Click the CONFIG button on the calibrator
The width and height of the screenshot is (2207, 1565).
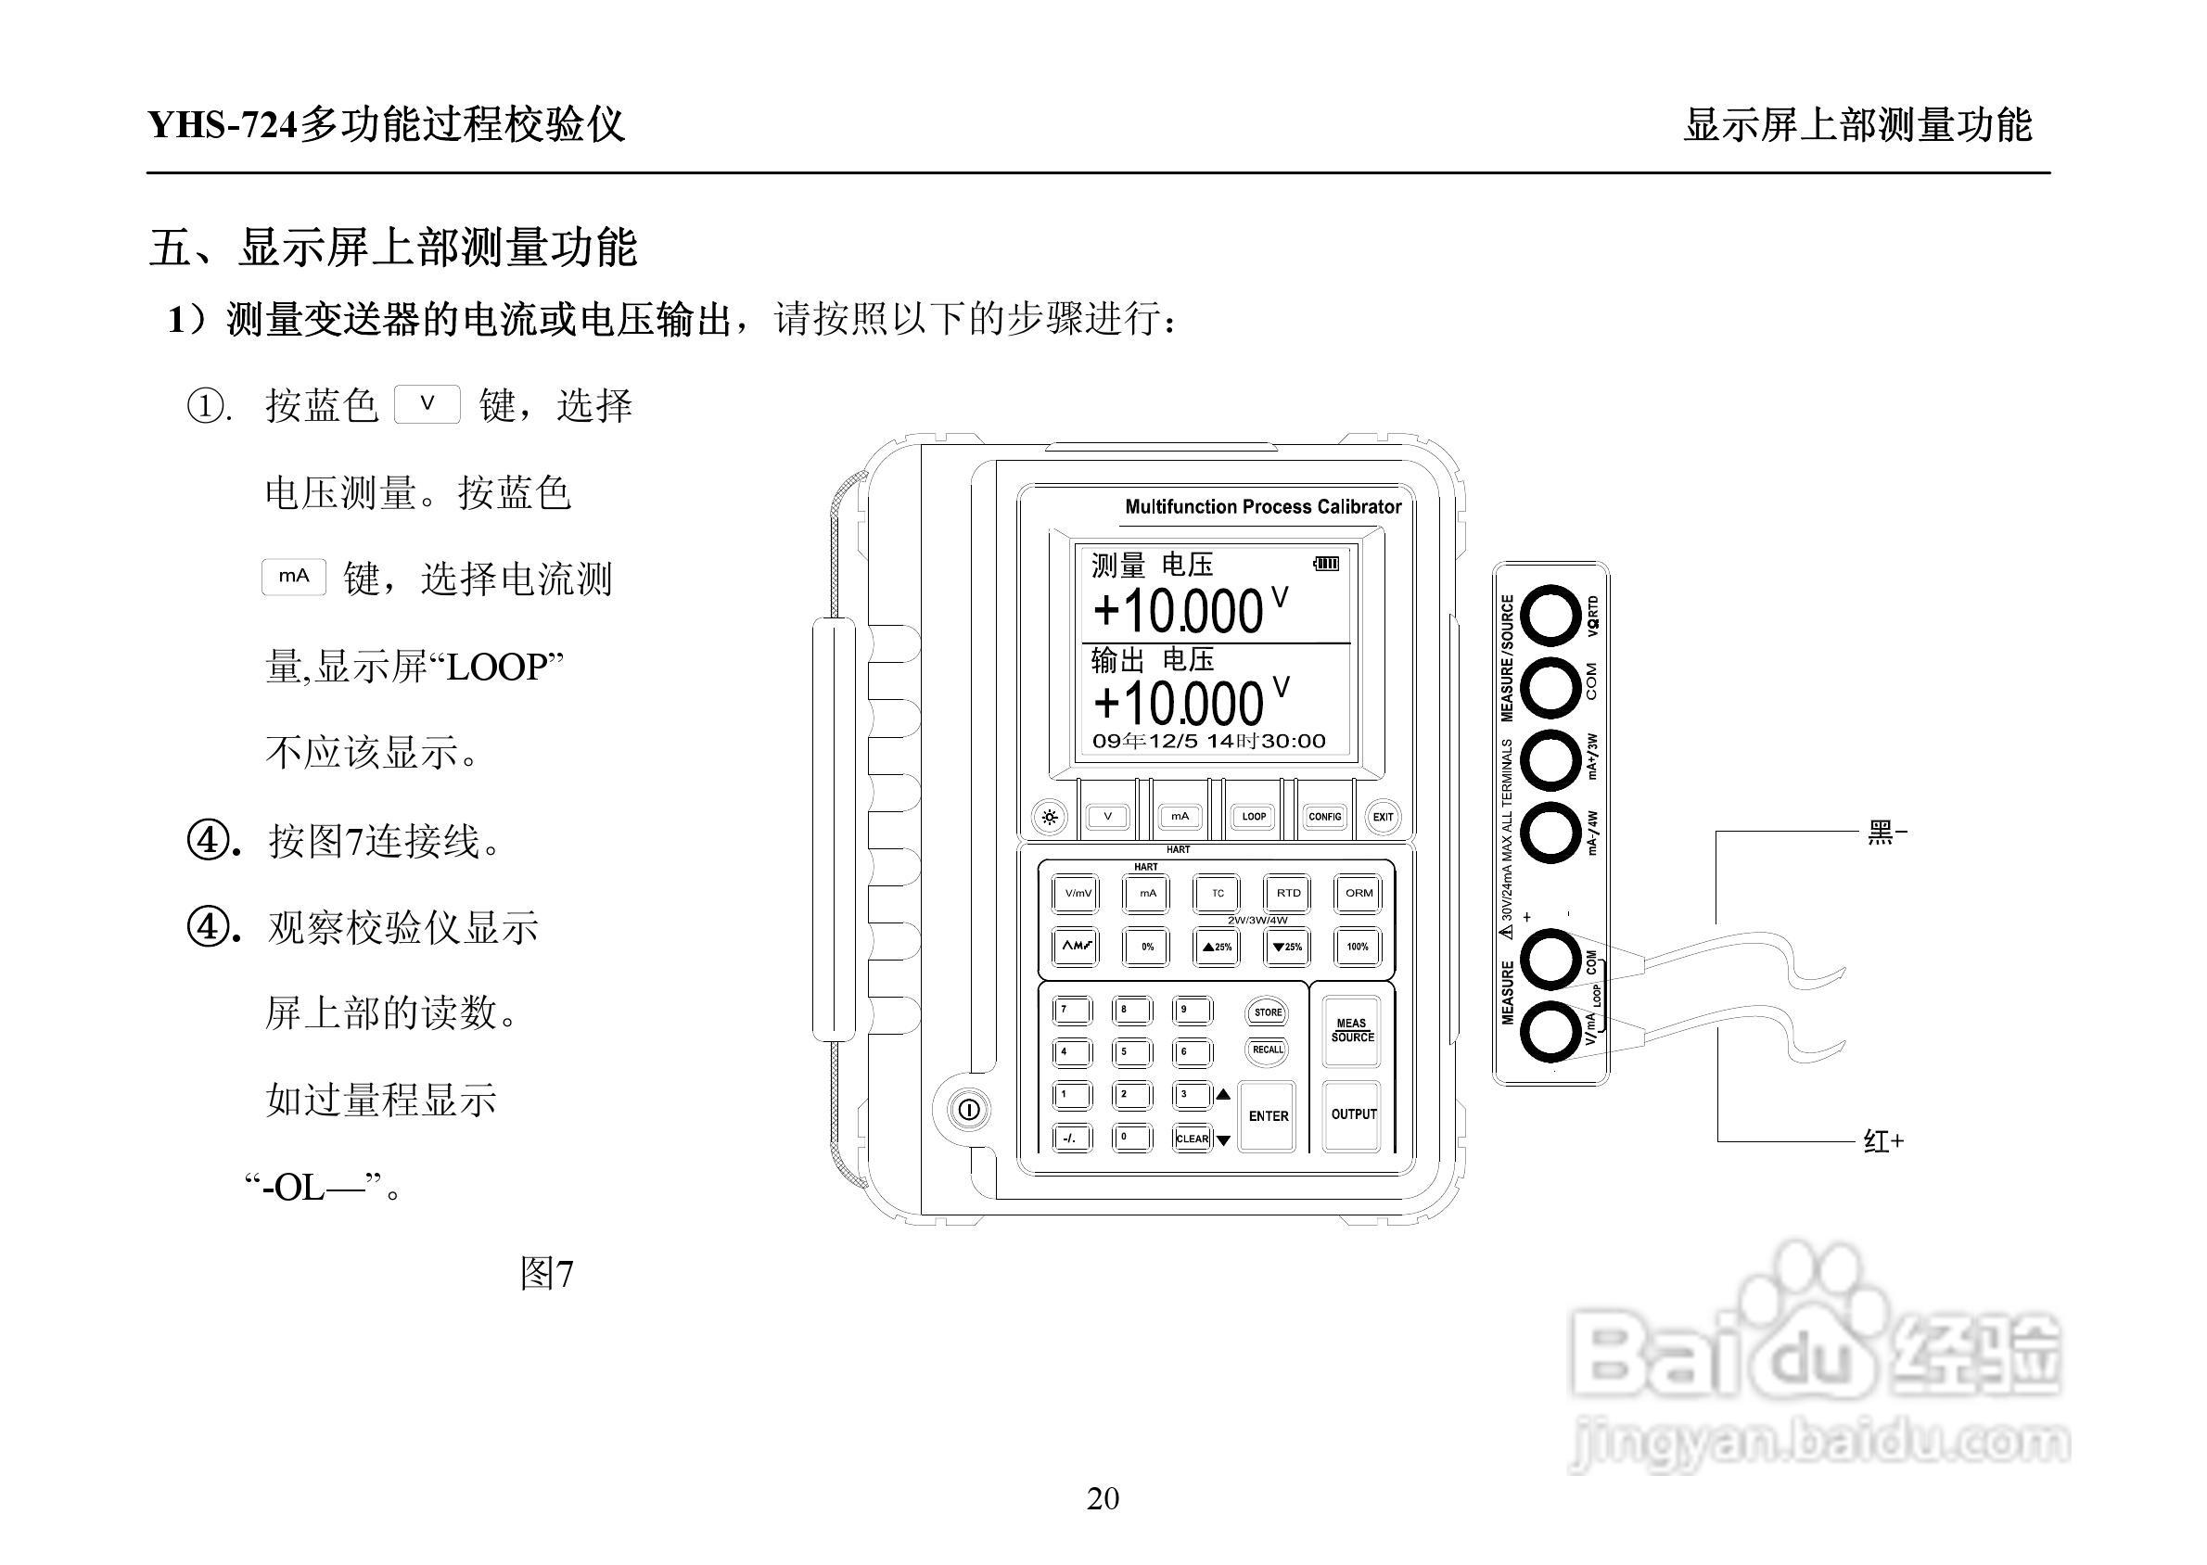click(1324, 816)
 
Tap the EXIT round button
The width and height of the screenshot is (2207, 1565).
click(1383, 817)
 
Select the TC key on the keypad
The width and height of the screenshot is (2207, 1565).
click(1218, 894)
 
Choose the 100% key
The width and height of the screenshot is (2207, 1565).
click(1357, 947)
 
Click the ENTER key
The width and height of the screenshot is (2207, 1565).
click(1268, 1116)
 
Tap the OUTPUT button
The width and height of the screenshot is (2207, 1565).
click(1353, 1114)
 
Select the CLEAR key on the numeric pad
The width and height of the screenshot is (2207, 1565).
click(1193, 1139)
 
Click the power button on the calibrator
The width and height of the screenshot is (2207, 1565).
click(968, 1109)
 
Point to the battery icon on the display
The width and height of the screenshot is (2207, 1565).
click(1326, 563)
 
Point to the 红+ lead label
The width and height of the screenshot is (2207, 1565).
click(1883, 1141)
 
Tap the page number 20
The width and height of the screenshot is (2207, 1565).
click(1103, 1498)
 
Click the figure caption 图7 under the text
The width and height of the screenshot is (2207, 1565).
click(546, 1274)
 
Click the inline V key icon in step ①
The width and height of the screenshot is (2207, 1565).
click(427, 404)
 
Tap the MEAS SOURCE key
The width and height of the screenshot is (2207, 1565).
click(1352, 1030)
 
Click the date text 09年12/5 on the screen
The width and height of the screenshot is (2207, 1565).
click(1145, 741)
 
